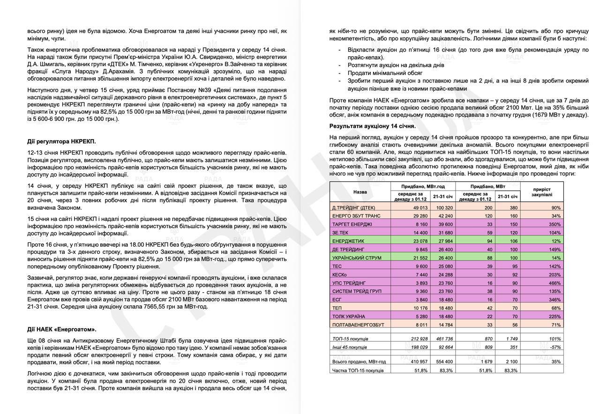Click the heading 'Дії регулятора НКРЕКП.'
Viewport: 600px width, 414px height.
pyautogui.click(x=61, y=141)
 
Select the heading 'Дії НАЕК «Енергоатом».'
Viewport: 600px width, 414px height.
pyautogui.click(x=62, y=329)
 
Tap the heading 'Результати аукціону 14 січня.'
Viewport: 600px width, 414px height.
pyautogui.click(x=372, y=126)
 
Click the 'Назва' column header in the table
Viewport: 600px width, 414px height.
pyautogui.click(x=360, y=192)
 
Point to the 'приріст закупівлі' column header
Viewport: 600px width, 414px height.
pyautogui.click(x=542, y=192)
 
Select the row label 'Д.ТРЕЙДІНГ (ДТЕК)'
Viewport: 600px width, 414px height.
pyautogui.click(x=353, y=207)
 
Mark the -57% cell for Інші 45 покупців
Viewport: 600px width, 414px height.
pyautogui.click(x=556, y=347)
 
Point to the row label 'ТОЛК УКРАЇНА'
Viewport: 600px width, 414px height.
pyautogui.click(x=348, y=316)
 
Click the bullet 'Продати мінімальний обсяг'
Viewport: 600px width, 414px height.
pyautogui.click(x=385, y=73)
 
